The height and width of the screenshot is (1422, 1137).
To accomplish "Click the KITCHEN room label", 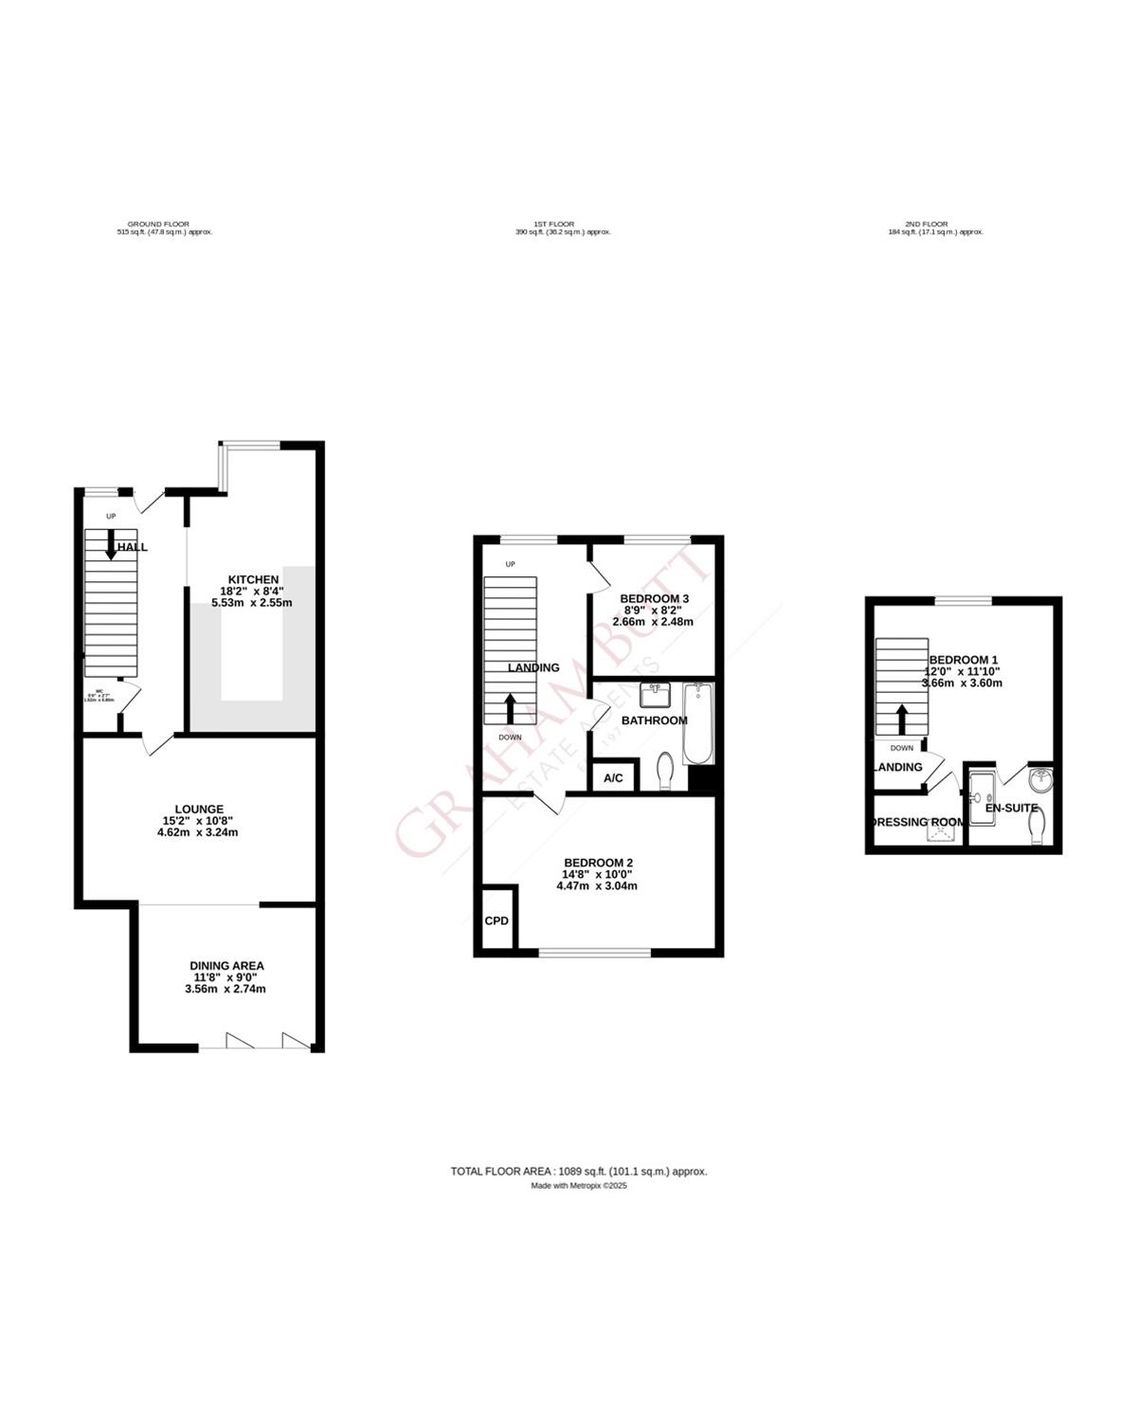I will point(252,579).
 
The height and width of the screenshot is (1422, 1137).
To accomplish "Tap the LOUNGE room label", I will point(198,810).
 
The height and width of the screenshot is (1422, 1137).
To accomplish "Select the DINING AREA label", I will point(226,966).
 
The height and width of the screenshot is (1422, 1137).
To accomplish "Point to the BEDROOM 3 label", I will point(654,599).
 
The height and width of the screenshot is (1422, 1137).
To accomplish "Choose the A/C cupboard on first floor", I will point(613,778).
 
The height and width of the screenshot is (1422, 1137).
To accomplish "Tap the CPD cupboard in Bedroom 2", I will point(496,921).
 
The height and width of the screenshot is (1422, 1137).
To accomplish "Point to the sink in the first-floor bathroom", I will point(654,696).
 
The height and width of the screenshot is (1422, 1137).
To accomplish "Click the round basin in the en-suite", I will point(1039,780).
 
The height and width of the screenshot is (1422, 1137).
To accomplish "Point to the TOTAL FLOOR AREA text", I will point(579,1172).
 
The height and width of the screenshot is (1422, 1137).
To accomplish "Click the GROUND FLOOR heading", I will point(158,225).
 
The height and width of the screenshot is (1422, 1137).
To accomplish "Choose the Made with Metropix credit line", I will point(579,1186).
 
